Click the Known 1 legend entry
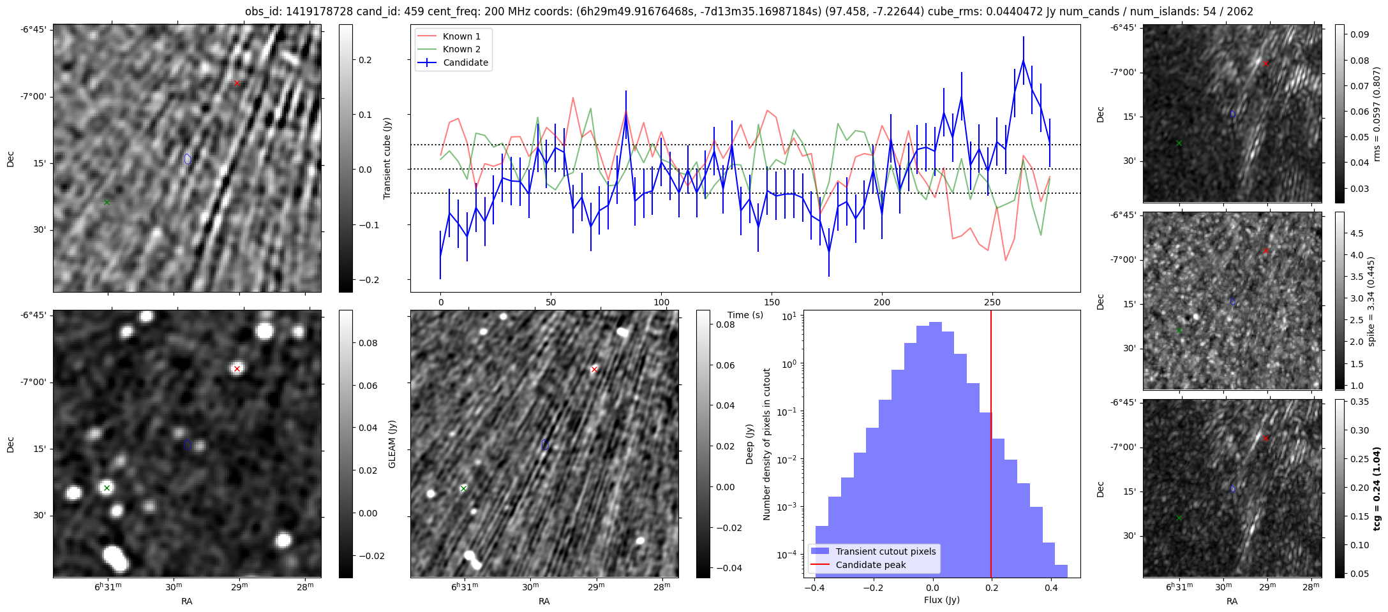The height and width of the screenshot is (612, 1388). (x=461, y=36)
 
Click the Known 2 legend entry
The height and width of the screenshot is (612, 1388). (x=461, y=49)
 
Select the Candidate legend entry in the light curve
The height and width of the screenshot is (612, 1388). (x=465, y=62)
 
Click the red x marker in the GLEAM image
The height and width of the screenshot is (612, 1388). (x=237, y=369)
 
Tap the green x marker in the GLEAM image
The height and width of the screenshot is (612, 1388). (x=107, y=488)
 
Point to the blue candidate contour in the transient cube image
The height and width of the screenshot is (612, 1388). (x=188, y=159)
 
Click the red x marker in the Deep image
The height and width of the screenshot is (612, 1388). (x=594, y=370)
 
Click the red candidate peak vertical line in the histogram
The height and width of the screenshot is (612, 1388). (x=991, y=446)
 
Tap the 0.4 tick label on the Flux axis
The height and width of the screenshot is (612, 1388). (x=1051, y=588)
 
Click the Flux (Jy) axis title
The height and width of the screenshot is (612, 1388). (x=942, y=600)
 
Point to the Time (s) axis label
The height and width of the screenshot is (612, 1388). (x=745, y=315)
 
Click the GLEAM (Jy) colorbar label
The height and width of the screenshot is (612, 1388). (x=392, y=444)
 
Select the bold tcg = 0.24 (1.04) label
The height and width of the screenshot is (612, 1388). (x=1377, y=489)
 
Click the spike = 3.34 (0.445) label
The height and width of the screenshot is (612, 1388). (x=1371, y=302)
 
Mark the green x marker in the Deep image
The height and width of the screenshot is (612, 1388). (x=463, y=489)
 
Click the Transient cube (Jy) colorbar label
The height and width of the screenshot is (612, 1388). (x=387, y=159)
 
